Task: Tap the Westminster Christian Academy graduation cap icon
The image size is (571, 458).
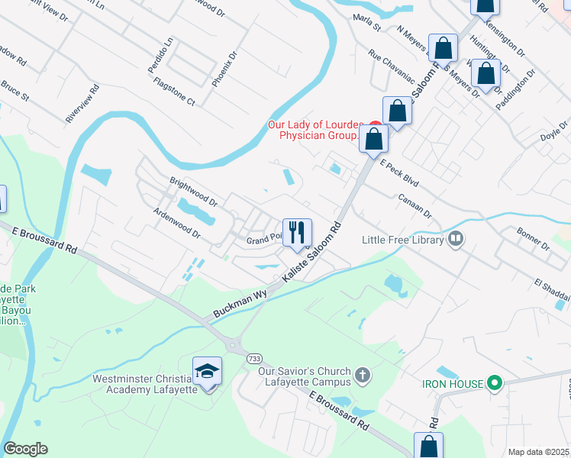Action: click(x=207, y=371)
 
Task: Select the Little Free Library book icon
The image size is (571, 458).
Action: click(x=456, y=240)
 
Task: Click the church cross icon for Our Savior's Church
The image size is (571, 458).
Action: click(x=363, y=376)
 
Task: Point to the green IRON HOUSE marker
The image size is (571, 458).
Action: click(x=494, y=383)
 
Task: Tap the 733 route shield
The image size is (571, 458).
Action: click(x=253, y=358)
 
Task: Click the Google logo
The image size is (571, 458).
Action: click(x=25, y=449)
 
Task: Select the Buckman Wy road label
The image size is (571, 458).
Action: click(x=240, y=303)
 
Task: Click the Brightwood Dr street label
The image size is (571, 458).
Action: click(x=193, y=194)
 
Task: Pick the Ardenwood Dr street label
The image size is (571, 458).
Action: click(x=176, y=223)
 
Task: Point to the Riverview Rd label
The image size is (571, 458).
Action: click(x=82, y=104)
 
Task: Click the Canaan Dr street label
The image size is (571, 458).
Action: click(x=415, y=204)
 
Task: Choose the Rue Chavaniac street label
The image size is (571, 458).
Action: click(x=390, y=66)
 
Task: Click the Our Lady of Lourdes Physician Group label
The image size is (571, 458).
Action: click(x=314, y=131)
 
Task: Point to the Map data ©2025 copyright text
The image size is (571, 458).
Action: click(x=538, y=452)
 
